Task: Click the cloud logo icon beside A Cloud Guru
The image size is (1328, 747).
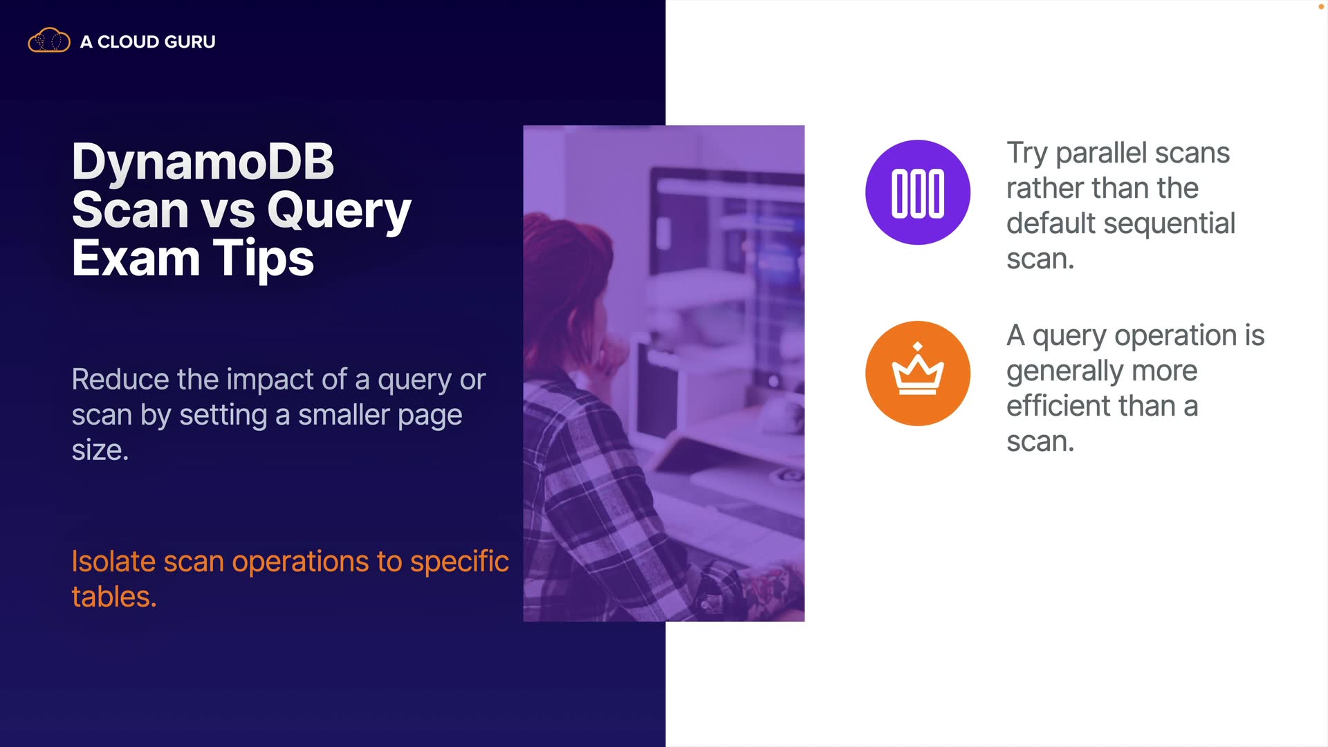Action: point(49,41)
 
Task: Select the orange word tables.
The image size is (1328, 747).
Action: point(114,597)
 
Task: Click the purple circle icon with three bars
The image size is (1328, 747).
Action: point(918,192)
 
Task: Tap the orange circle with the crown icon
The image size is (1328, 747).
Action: point(918,373)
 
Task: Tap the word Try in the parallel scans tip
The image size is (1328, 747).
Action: point(1027,154)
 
